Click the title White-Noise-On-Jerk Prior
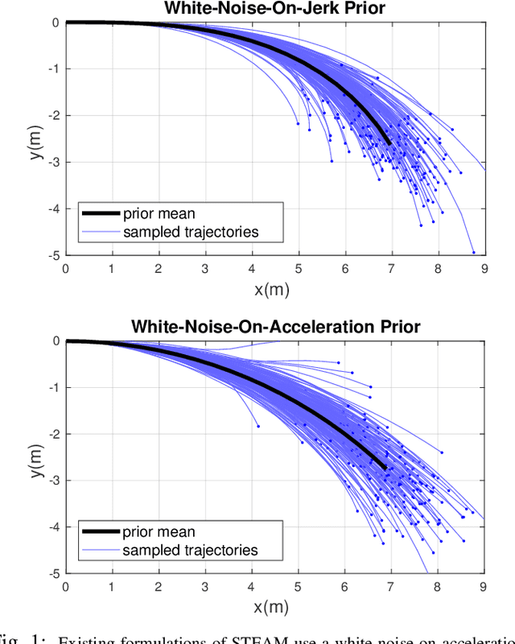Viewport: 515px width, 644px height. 274,9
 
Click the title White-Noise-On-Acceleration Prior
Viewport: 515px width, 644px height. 274,327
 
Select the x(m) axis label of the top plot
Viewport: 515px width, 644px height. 274,289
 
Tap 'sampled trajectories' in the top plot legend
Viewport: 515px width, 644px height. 191,233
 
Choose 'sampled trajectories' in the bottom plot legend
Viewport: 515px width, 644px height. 191,551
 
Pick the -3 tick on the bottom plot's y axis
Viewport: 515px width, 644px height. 54,481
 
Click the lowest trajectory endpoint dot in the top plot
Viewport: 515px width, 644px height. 473,252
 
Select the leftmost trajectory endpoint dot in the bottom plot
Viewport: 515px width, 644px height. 258,426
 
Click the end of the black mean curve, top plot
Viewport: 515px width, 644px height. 389,144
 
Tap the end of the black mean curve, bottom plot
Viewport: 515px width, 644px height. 385,469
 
